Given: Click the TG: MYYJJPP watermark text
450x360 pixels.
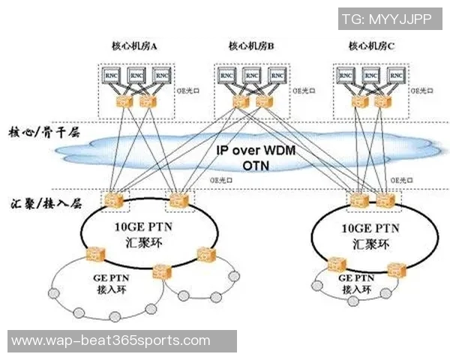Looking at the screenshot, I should coord(386,19).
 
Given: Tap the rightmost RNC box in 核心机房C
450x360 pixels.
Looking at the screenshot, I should coord(391,76).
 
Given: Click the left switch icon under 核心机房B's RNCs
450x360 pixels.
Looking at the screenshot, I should coord(240,100).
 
